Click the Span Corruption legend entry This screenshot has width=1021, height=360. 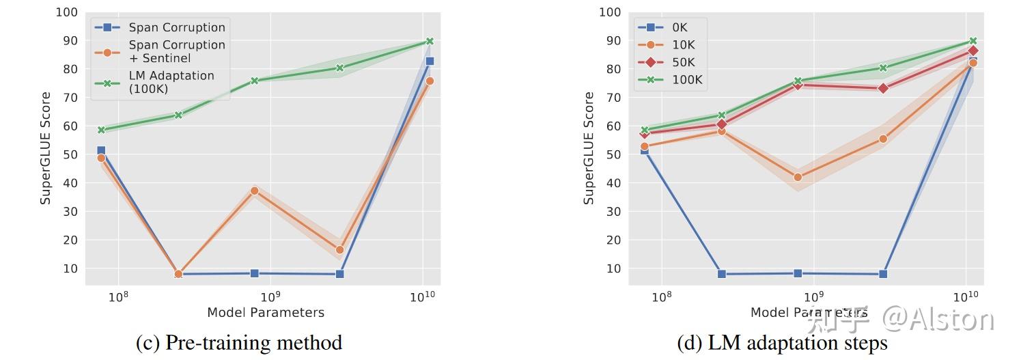(177, 27)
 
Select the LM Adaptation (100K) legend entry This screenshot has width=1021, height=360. (171, 82)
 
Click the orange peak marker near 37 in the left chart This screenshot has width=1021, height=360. (255, 191)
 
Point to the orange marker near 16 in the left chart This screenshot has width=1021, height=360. (339, 250)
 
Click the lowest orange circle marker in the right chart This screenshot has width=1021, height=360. (798, 177)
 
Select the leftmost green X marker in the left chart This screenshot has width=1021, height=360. (101, 130)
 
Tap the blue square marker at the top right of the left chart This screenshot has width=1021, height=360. (430, 61)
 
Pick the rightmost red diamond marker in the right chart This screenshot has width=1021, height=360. (973, 51)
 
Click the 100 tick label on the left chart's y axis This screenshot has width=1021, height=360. (67, 12)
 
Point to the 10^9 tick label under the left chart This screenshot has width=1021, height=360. (270, 296)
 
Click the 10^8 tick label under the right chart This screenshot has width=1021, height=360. (661, 296)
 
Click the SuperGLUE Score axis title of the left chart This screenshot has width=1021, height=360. (45, 148)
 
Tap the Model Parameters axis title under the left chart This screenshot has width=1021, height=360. (266, 312)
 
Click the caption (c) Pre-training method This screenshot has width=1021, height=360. (239, 342)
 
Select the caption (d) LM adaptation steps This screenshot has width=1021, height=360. (782, 342)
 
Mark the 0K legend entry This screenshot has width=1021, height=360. (680, 27)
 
